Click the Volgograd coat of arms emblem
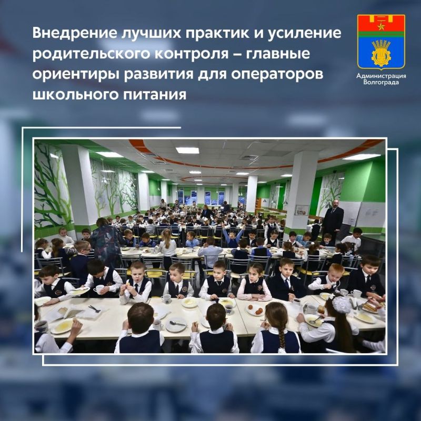pos(381,42)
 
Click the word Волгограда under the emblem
pos(381,83)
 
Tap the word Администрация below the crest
pos(381,76)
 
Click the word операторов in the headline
pos(283,75)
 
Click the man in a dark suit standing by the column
pos(333,220)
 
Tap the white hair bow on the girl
pos(341,304)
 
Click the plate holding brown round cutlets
pos(256,310)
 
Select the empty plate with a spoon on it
pos(176,324)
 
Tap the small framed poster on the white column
pos(302,210)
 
